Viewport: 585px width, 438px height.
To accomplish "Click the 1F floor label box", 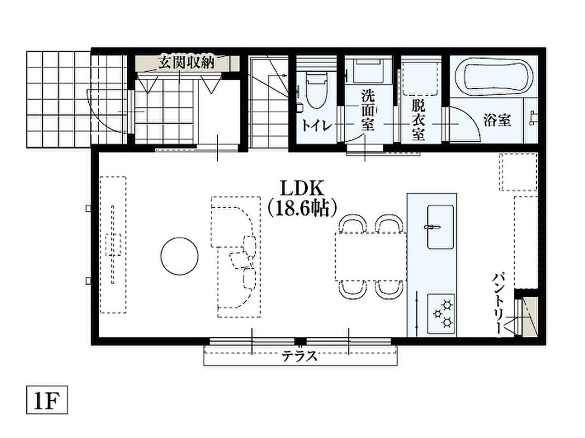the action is coord(47,400).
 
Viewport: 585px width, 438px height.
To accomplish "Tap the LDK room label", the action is coord(302,189).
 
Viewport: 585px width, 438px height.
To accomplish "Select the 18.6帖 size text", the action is coord(302,209).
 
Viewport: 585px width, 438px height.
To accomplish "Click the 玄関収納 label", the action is coord(186,62).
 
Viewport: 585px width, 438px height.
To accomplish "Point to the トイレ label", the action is coord(317,125).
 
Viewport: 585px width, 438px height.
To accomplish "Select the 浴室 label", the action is coord(497,120).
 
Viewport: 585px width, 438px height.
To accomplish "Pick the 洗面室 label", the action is coord(368,111).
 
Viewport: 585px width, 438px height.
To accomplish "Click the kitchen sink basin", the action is coord(440,226).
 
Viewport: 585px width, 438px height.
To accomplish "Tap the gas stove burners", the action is coord(441,314).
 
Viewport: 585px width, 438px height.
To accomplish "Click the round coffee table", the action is coord(180,256).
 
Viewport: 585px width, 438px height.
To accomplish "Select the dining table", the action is coord(370,256).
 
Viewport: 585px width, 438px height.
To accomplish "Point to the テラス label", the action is coord(300,356).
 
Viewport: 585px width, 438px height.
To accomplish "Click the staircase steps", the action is coord(268,102).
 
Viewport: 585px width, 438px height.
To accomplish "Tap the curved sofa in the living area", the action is coord(236,257).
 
